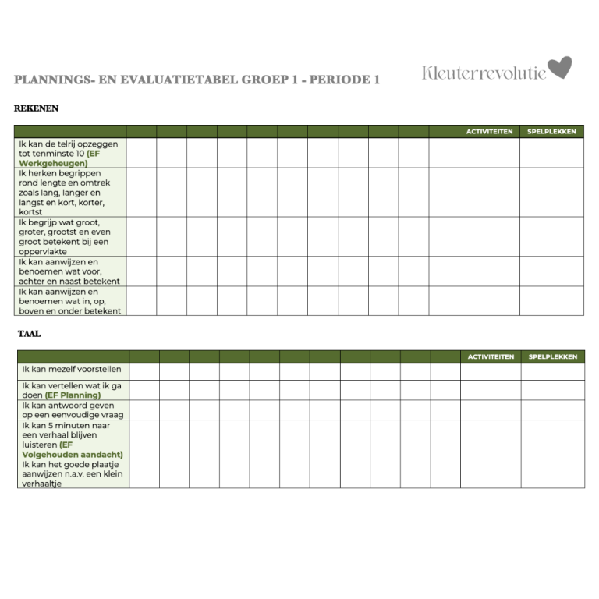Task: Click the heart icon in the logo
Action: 559,68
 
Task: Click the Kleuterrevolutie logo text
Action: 484,73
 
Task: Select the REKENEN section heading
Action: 36,108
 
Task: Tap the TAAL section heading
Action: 30,334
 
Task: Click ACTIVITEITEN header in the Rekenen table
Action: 489,132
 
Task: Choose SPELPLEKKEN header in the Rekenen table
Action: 551,132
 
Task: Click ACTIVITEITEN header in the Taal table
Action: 491,356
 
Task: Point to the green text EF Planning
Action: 73,395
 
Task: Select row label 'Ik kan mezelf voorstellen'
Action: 72,369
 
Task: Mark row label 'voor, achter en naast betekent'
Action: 69,271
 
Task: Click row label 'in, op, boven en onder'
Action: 69,301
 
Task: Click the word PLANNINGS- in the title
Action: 51,80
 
